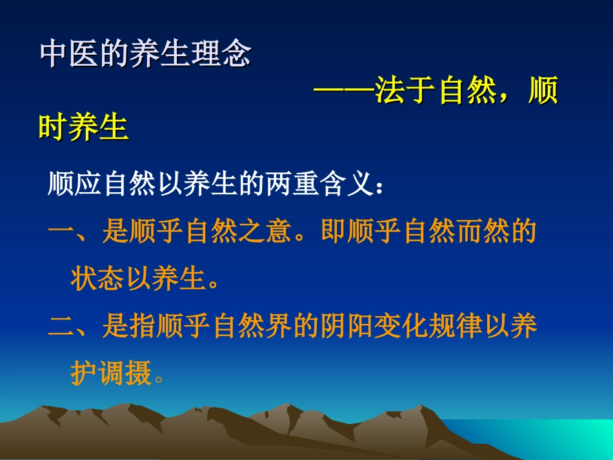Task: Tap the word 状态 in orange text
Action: coord(97,280)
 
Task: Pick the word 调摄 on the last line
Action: coord(125,374)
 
